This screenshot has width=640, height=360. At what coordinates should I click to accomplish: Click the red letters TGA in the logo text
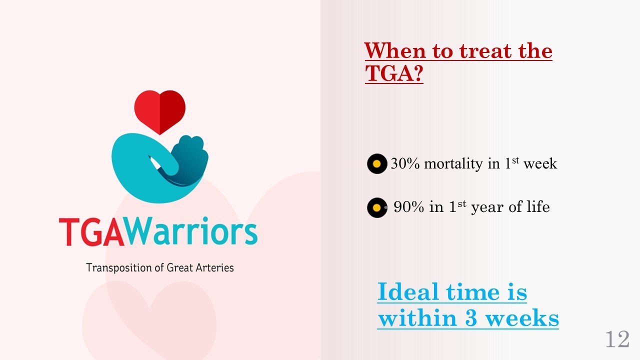point(91,232)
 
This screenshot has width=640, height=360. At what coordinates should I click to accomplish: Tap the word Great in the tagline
point(179,267)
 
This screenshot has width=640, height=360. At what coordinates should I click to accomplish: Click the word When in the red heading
point(395,51)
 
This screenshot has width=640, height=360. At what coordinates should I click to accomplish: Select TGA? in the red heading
point(394,73)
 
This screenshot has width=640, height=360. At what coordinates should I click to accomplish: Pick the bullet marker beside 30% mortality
point(377,163)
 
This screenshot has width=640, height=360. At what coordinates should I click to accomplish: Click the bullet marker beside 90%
point(377,207)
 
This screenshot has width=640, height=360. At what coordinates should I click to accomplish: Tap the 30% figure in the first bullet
point(405,163)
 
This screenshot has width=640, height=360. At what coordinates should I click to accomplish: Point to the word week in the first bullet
point(540,163)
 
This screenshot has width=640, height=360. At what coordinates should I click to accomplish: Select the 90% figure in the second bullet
point(409,207)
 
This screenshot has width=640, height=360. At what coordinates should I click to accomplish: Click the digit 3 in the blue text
point(471,317)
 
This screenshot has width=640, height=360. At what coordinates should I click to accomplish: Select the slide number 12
point(617,339)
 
